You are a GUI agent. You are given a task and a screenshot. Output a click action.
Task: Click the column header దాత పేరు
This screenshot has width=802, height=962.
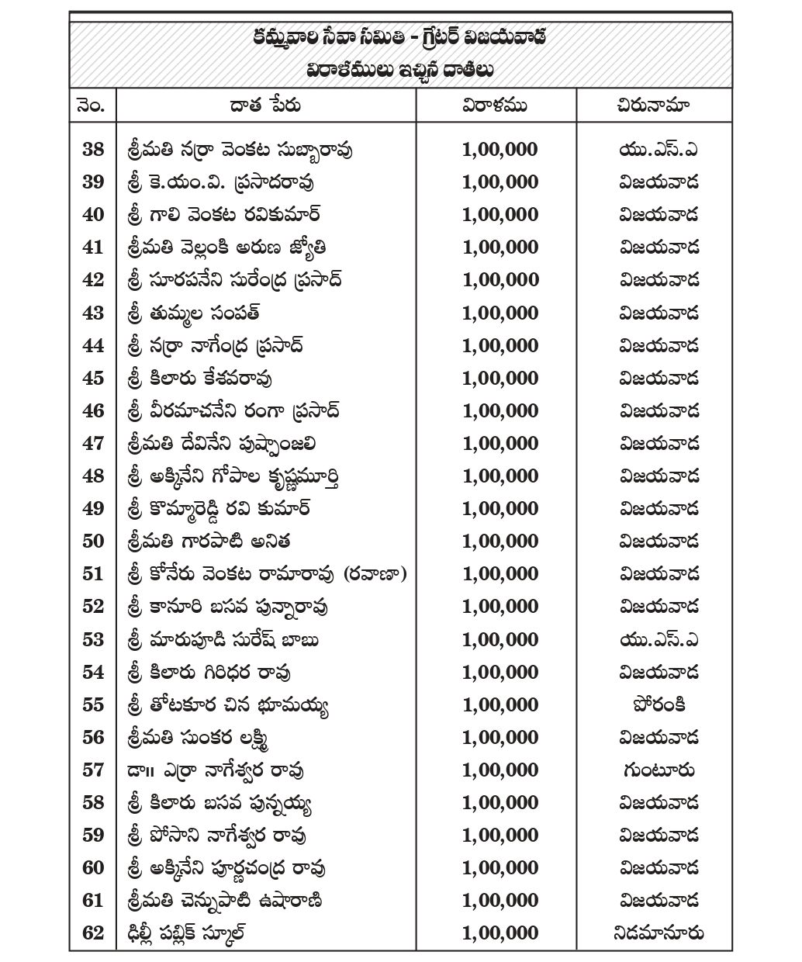(265, 106)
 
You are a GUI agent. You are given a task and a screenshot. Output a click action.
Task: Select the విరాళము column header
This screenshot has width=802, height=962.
(495, 106)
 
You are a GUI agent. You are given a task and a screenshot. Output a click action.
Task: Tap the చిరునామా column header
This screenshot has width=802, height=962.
(655, 106)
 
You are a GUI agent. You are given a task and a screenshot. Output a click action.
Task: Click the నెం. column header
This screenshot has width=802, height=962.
(92, 106)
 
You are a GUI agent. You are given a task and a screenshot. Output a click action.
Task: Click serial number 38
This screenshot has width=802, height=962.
(92, 149)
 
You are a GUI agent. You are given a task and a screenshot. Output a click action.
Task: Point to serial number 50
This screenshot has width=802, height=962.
(92, 541)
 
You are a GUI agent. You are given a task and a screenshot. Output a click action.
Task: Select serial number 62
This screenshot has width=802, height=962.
(92, 933)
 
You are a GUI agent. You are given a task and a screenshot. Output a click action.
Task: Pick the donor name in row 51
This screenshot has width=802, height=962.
(265, 574)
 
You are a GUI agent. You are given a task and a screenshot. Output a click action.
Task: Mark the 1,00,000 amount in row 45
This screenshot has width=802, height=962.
(500, 378)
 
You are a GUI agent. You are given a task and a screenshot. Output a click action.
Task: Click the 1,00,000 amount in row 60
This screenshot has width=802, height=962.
(500, 867)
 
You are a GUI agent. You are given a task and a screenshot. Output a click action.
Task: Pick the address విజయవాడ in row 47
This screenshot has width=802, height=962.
(659, 444)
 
